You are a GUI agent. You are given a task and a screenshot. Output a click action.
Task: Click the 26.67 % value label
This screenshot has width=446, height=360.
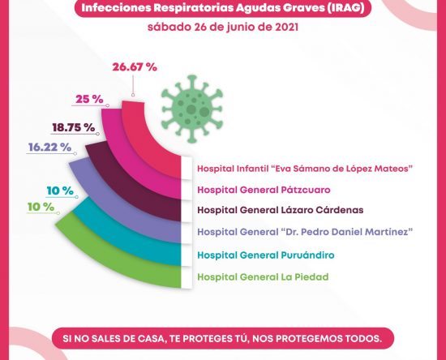[135, 67]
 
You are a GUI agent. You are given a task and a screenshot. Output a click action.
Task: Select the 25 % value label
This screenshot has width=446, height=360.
[89, 99]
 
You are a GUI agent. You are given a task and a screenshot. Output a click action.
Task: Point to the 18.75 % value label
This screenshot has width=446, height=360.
[73, 127]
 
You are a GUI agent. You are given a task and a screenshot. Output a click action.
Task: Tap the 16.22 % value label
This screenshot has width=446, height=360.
[49, 148]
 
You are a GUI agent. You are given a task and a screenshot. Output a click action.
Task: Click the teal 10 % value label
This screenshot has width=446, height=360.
[60, 191]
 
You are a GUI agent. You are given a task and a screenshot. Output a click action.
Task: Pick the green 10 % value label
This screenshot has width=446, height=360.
[41, 207]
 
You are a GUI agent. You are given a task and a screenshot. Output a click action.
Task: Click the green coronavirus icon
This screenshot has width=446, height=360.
[192, 109]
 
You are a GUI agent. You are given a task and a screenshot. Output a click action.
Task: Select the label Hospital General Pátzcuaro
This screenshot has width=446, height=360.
[264, 190]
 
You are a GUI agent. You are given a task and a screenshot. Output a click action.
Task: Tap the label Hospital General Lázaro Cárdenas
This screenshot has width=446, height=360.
[281, 210]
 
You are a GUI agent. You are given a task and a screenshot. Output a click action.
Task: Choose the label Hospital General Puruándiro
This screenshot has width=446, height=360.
[266, 255]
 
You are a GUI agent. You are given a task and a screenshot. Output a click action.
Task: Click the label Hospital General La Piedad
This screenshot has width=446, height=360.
[263, 277]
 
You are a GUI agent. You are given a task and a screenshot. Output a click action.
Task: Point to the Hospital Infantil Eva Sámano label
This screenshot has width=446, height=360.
[305, 169]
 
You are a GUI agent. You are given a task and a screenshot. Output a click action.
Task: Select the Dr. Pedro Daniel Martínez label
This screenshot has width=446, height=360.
[305, 232]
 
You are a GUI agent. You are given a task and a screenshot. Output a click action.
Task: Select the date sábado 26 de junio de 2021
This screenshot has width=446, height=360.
[223, 28]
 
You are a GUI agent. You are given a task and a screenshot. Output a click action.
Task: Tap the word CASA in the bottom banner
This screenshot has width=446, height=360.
[150, 339]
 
